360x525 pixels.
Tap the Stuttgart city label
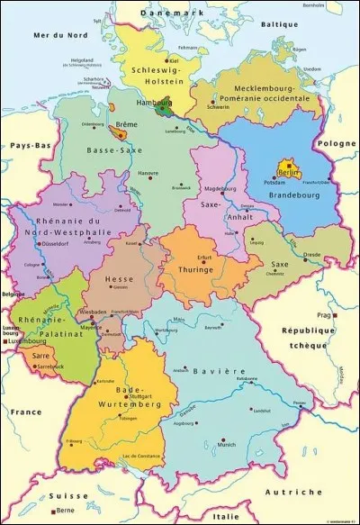click(139, 395)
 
